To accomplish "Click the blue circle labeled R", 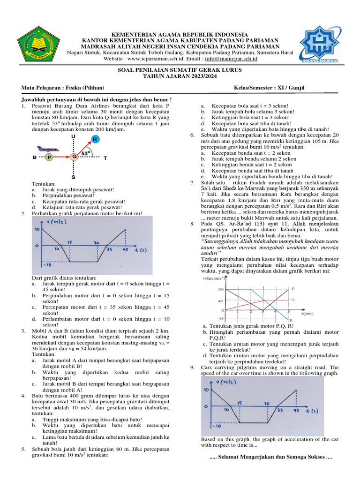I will click(x=95, y=140).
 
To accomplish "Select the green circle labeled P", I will click(x=49, y=157).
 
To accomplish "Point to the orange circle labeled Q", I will click(x=74, y=157).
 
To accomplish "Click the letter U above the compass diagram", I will click(x=74, y=136).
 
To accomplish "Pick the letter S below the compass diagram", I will click(x=74, y=178).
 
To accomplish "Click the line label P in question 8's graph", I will click(x=293, y=288).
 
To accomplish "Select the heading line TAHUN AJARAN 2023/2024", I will click(x=180, y=76).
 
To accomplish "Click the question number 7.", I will click(x=192, y=182).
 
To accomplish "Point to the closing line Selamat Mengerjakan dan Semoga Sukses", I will click(x=270, y=457).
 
